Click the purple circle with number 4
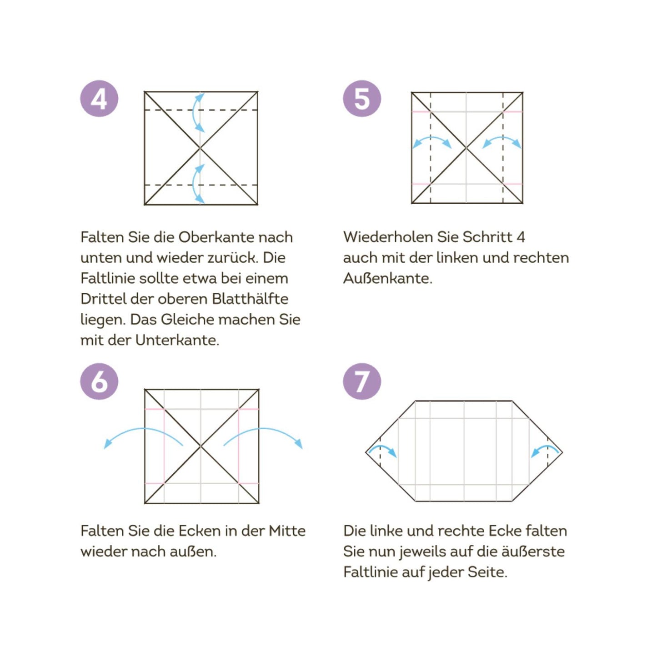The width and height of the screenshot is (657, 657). pos(99,99)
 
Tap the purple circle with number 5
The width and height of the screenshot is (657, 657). pos(362,99)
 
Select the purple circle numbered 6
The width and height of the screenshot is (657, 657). pos(99,381)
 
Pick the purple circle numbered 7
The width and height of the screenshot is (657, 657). pos(362,381)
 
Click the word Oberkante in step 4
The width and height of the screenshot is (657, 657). pos(216,237)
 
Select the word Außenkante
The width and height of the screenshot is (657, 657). pos(387,278)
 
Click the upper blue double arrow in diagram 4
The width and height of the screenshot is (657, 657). pos(196,112)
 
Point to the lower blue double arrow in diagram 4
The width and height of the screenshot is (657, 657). pos(196,184)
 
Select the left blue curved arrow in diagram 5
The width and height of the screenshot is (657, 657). pos(431,141)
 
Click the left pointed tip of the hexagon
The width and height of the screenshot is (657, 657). pos(366,452)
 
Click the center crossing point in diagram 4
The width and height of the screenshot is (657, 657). pos(201,148)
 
